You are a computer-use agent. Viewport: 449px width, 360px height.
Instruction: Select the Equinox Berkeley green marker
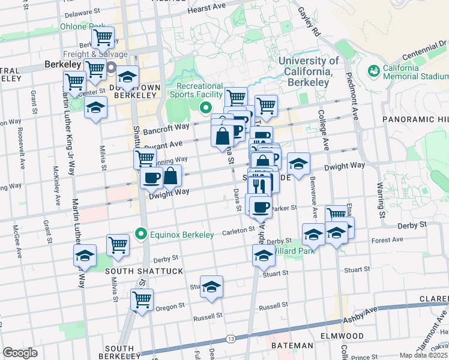142,233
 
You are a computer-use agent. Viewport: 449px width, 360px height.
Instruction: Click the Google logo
20,353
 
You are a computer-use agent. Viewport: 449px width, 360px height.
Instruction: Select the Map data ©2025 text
423,355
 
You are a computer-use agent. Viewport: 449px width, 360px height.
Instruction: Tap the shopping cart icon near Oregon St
142,299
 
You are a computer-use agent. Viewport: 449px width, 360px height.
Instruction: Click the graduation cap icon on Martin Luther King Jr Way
85,256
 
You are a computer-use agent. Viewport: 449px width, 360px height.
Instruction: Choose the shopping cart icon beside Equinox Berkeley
118,244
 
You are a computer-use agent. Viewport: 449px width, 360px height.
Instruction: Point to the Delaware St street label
82,13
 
